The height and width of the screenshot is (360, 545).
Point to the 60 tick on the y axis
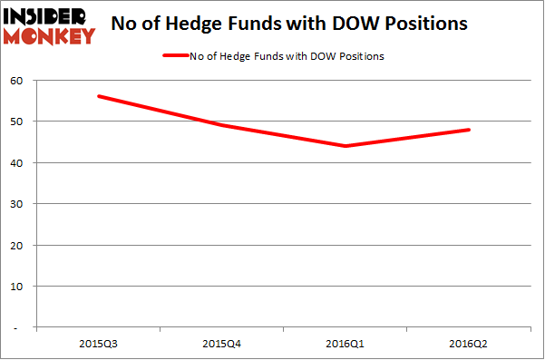(x=17, y=80)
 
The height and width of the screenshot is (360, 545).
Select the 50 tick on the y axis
(x=17, y=122)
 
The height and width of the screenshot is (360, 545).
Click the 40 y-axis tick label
(x=17, y=162)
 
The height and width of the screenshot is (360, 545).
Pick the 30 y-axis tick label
(x=17, y=204)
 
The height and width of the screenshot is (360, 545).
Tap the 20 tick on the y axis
(x=17, y=245)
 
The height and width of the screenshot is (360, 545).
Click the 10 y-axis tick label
(x=17, y=286)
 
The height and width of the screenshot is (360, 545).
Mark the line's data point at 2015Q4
(x=221, y=125)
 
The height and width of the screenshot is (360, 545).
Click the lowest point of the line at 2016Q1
(x=345, y=146)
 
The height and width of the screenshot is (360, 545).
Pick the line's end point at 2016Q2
(x=470, y=130)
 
